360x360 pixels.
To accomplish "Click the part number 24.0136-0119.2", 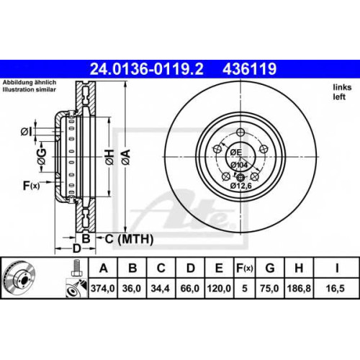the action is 146,69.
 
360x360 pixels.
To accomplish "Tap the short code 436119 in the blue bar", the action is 250,69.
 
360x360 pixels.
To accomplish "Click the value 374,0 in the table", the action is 103,288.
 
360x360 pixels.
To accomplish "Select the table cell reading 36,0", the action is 132,288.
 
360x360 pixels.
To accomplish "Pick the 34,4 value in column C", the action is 161,288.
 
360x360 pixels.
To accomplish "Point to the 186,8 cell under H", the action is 299,288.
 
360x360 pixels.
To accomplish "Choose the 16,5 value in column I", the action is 336,288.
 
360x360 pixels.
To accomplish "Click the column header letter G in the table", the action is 270,268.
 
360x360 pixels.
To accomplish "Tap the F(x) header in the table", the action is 244,268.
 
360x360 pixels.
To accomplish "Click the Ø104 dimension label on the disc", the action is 239,165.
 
